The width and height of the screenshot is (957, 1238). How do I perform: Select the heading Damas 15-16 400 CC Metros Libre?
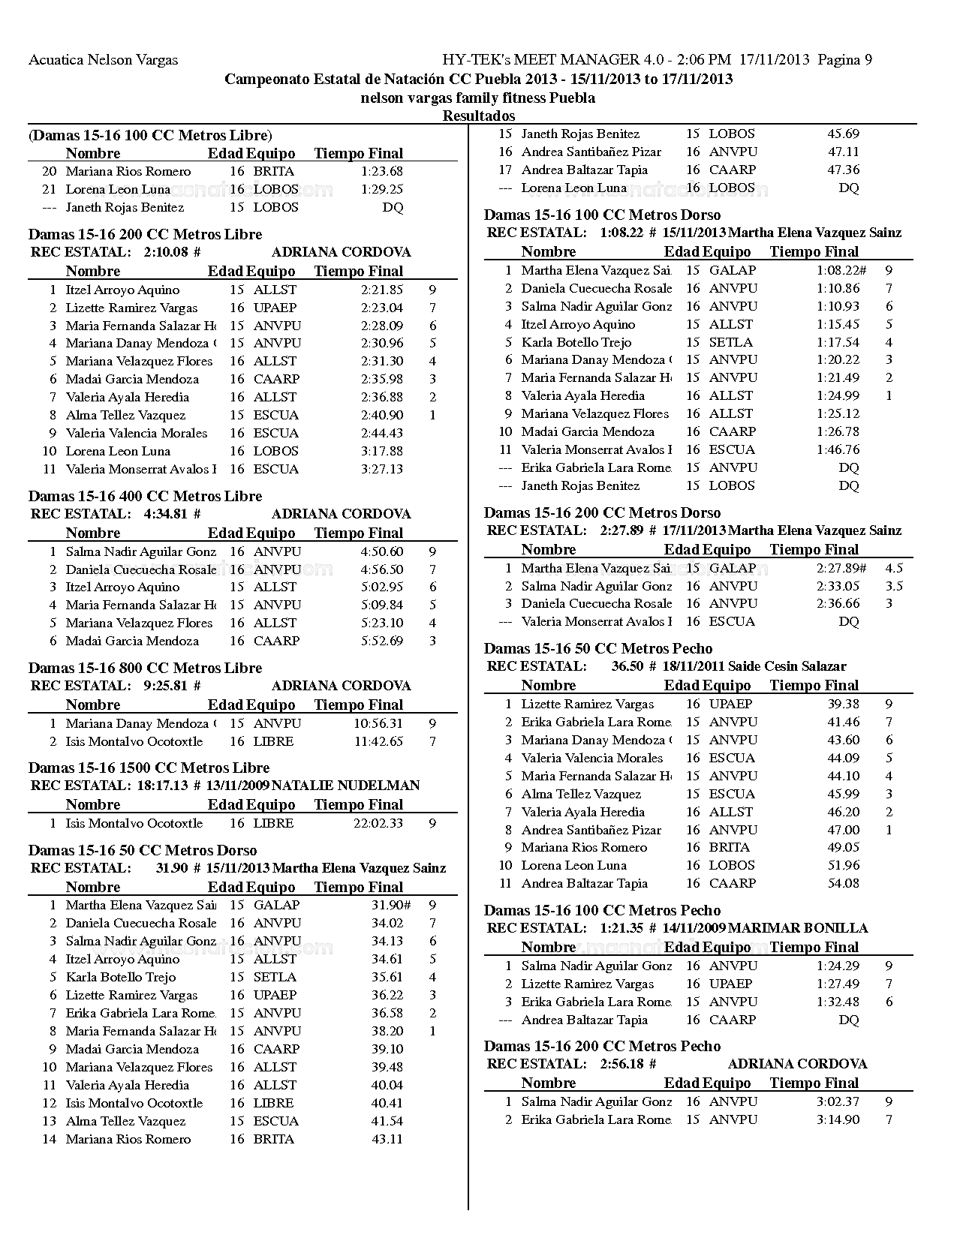[x=145, y=496]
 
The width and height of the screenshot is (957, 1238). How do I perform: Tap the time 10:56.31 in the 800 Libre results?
[x=378, y=723]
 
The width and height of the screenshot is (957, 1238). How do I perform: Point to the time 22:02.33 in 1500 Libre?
[x=378, y=823]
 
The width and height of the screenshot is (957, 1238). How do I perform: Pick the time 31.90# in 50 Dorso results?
[x=391, y=905]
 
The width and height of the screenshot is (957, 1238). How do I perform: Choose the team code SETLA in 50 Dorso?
[x=275, y=977]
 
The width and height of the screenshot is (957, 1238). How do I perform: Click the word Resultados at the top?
[x=479, y=116]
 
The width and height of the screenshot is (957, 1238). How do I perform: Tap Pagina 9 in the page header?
[x=845, y=60]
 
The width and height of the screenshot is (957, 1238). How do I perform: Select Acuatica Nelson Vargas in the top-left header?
[x=103, y=60]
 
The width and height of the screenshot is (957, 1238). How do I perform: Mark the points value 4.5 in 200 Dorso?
[x=894, y=568]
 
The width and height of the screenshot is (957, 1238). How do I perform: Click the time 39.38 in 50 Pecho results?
[x=844, y=704]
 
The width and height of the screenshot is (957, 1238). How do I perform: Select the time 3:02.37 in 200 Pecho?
[x=838, y=1101]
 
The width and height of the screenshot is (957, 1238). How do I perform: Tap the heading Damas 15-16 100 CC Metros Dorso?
[x=602, y=215]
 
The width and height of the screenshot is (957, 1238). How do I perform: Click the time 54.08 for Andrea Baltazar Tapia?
[x=844, y=883]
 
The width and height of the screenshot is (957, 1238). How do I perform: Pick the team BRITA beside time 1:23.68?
[x=274, y=171]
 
